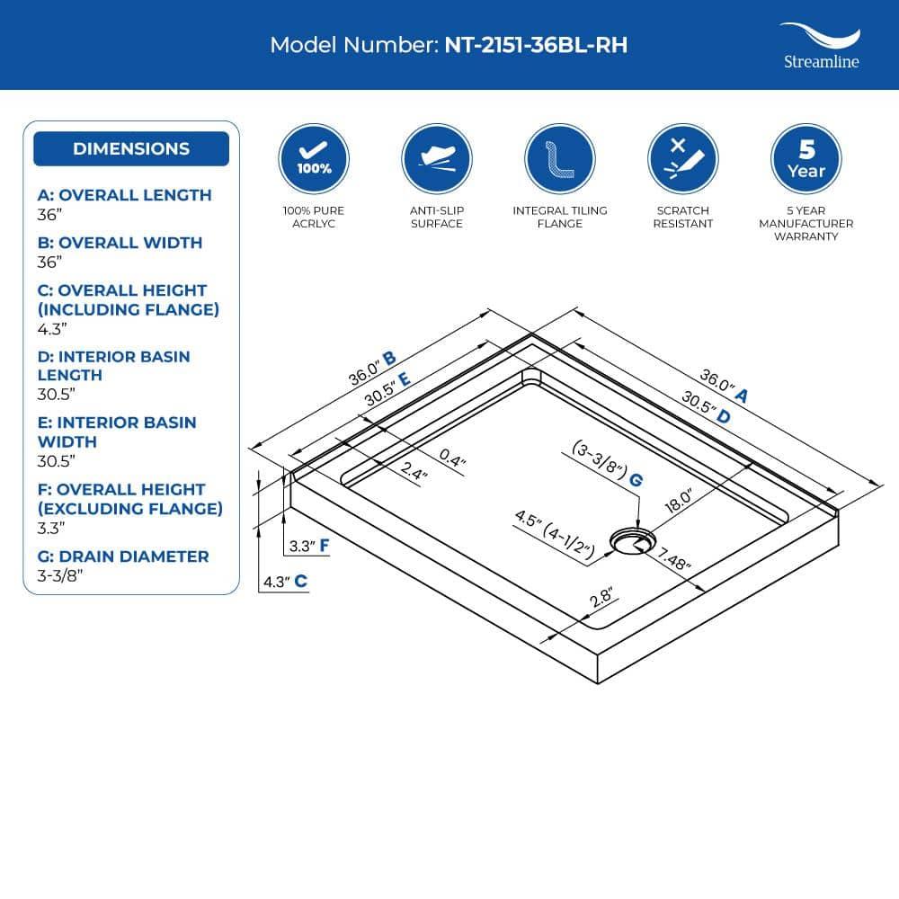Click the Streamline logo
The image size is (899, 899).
point(821,46)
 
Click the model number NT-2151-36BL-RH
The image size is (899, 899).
point(536,45)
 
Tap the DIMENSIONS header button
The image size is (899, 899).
point(131,149)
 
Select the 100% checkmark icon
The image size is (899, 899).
point(314,159)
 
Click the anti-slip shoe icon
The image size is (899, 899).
point(437,159)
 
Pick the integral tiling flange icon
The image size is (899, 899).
point(560,159)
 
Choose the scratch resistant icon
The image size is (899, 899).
point(683,159)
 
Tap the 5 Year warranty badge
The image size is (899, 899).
point(806,159)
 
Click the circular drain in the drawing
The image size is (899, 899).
point(632,541)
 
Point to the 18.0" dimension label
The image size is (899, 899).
point(679,501)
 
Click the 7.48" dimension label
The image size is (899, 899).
point(673,558)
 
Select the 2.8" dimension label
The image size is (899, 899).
point(601,597)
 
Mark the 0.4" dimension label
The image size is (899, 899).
point(452,458)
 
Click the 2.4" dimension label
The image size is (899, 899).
point(414,471)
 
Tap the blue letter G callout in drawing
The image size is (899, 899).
point(636,480)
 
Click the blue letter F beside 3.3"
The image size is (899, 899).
point(325,546)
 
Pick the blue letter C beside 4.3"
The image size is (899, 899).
point(301,582)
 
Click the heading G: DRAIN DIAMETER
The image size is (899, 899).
point(123,556)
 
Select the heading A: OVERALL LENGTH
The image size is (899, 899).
point(124,195)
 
